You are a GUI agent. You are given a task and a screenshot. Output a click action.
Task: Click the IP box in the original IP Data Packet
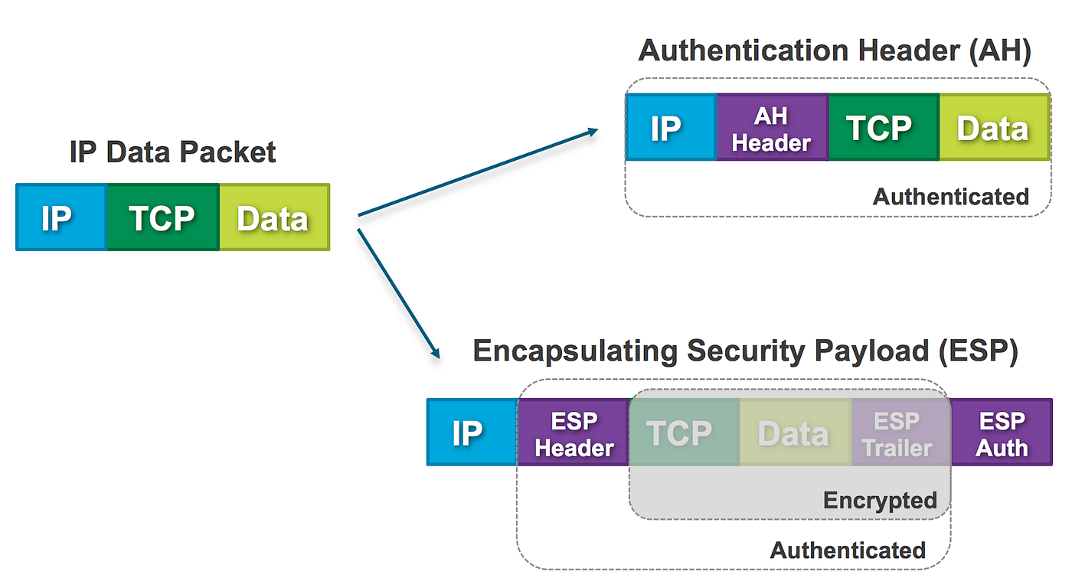point(61,217)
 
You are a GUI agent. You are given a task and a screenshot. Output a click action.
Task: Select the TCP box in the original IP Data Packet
point(163,217)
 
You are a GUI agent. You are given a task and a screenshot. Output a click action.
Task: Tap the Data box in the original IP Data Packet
point(275,217)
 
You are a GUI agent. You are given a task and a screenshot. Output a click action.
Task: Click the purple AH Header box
point(773,127)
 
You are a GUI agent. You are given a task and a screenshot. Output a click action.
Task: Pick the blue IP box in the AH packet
point(671,127)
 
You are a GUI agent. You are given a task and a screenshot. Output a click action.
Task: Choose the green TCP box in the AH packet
point(884,127)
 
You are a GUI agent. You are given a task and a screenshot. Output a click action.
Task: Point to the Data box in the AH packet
point(995,127)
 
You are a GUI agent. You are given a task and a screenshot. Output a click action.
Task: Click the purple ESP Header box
point(574,432)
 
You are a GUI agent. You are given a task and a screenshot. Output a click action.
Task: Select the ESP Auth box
point(1002,432)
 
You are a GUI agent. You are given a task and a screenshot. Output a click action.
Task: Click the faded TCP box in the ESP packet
point(685,432)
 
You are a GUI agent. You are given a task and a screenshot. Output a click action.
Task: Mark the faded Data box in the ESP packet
point(796,432)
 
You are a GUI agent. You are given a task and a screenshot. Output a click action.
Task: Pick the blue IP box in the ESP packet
point(472,432)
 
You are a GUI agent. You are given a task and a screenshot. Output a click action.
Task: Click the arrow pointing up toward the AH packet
point(478,172)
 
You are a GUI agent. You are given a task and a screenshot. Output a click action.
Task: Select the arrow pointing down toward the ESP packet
point(399,294)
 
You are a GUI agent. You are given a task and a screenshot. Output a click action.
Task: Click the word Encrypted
point(880,501)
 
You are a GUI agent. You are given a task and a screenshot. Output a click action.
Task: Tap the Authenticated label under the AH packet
point(950,197)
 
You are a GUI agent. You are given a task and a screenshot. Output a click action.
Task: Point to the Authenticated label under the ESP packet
point(848,550)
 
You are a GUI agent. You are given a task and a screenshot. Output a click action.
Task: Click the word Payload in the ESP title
point(871,351)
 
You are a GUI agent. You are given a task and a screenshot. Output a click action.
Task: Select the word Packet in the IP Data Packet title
point(228,152)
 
